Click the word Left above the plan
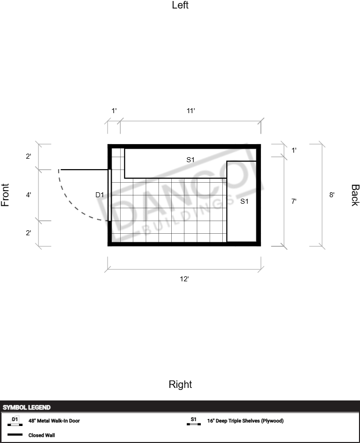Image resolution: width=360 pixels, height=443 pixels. (180, 5)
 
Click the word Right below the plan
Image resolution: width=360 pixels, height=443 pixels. (180, 384)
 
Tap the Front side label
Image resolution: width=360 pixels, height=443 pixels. (5, 195)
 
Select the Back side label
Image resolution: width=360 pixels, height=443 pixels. (355, 195)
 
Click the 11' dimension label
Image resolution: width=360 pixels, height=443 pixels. (191, 111)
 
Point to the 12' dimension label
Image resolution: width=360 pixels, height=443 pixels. (184, 279)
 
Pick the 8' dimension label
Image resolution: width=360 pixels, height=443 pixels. (332, 195)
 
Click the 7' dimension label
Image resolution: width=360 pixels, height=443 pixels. (294, 201)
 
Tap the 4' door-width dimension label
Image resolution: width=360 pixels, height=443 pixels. (29, 195)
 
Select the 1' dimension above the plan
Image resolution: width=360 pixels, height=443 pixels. (114, 111)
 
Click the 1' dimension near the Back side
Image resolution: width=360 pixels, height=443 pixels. (294, 150)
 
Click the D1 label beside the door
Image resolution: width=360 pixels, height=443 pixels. (100, 195)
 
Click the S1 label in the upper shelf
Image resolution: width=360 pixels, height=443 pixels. (190, 160)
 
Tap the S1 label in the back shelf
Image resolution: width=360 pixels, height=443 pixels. (244, 201)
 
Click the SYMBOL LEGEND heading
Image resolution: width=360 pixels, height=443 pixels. (27, 407)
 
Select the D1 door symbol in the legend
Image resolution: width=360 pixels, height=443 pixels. (15, 421)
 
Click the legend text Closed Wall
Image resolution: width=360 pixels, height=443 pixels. (42, 435)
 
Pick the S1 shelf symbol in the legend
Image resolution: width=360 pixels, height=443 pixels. (194, 421)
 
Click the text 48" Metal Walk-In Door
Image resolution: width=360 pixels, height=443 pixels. (54, 420)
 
